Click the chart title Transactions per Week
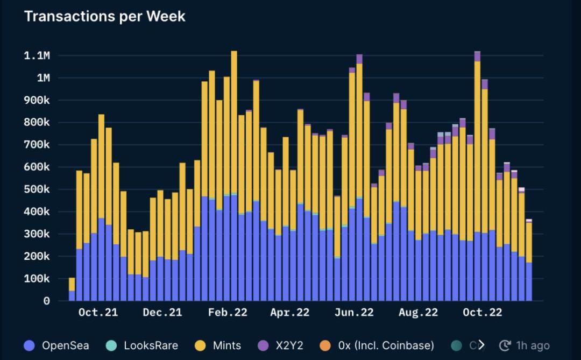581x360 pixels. (x=104, y=16)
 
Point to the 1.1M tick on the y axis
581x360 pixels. (x=37, y=55)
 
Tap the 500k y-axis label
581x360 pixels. (x=37, y=189)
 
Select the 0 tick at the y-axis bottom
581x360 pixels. (x=46, y=301)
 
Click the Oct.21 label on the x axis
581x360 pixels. (x=98, y=313)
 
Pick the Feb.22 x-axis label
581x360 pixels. (x=228, y=313)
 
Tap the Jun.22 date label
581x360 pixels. (x=353, y=313)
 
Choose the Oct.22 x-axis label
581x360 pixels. (x=483, y=313)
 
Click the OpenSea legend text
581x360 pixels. (x=65, y=345)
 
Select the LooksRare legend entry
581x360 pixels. (x=151, y=345)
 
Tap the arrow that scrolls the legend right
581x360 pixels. (x=481, y=345)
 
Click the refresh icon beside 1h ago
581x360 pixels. (x=505, y=345)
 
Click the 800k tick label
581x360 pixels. (x=37, y=123)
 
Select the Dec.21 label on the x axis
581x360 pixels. (x=162, y=313)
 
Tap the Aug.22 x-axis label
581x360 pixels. (x=419, y=313)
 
